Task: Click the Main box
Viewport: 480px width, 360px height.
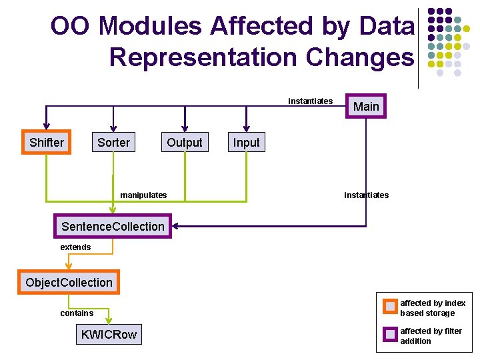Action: click(365, 106)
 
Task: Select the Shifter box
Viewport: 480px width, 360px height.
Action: click(47, 142)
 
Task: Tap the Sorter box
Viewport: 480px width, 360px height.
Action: click(114, 142)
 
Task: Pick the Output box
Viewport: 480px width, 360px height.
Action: click(184, 142)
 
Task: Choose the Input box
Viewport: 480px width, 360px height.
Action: click(246, 142)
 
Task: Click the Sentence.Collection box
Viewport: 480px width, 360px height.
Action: click(113, 226)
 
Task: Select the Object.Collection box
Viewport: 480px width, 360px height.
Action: click(69, 282)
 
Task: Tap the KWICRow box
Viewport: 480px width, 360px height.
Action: click(109, 335)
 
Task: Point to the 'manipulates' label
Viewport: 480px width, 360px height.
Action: click(143, 195)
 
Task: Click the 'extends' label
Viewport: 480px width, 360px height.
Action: click(75, 247)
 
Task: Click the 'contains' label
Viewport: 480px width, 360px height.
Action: click(77, 313)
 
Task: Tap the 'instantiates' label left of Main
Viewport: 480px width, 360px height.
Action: click(310, 101)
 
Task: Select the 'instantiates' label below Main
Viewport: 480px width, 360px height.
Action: click(366, 195)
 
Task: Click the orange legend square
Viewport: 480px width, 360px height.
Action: click(390, 307)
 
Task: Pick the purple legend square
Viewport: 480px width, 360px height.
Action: click(390, 335)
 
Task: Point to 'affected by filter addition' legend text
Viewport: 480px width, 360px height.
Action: click(431, 336)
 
